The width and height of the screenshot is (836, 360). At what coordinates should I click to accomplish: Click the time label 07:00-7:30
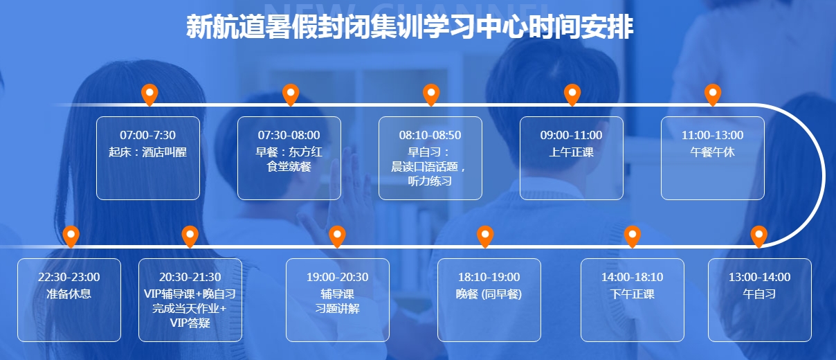point(148,135)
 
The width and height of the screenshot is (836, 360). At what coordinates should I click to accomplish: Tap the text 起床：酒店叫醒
point(148,152)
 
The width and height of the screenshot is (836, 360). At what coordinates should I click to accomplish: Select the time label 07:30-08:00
point(289,135)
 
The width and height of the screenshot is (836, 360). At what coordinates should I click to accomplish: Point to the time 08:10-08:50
point(430,135)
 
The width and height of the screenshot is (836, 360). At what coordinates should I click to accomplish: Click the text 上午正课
point(572,152)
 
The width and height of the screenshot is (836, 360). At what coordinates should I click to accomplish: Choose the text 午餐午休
point(712,152)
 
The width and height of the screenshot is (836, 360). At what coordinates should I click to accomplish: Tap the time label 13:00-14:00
point(759,277)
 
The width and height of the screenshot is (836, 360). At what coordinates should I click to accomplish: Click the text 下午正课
point(633,294)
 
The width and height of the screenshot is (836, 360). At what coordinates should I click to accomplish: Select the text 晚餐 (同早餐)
point(489,294)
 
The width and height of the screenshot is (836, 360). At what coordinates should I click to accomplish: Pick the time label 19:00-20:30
point(338,277)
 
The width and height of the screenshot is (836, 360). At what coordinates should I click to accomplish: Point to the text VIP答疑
point(190,323)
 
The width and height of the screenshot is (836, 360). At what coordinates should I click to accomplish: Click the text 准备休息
point(69,294)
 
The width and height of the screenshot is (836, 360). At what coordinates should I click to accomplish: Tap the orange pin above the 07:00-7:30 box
point(149,94)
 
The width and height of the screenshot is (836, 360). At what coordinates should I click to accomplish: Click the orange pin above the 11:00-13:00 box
point(712,94)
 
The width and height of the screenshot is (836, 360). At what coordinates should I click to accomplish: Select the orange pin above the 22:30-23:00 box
point(71,236)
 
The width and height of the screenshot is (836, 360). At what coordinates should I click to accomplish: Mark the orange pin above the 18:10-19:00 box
point(485,236)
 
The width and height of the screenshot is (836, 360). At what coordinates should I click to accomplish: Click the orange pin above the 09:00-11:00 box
point(572,94)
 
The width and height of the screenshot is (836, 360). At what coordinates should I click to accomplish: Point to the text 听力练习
point(430,181)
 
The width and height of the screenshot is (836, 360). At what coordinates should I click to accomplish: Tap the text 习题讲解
point(338,309)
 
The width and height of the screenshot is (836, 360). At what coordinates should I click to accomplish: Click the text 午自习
point(759,294)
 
